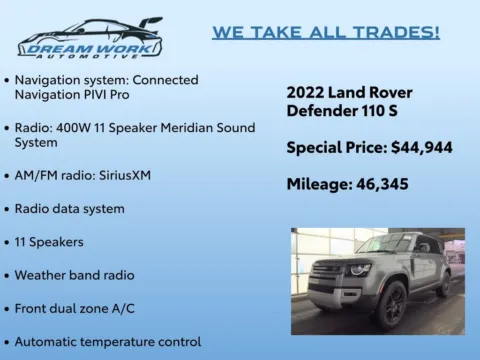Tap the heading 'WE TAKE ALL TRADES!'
click(325, 32)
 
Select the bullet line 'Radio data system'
click(70, 209)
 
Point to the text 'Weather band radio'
click(74, 275)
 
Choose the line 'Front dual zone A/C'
click(76, 308)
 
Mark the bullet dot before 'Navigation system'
click(8, 80)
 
